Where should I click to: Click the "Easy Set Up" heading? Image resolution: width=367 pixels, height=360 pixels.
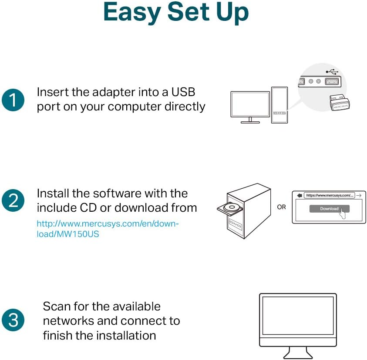coord(176,13)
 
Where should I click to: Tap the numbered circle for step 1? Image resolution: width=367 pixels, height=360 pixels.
coord(13,100)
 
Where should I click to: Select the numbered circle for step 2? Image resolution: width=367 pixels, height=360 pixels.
coord(13,201)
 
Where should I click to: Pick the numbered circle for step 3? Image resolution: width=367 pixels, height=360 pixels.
coord(13,320)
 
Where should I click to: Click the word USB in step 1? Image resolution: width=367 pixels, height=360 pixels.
coord(183,92)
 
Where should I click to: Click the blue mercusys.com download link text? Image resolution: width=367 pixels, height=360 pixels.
coord(108,229)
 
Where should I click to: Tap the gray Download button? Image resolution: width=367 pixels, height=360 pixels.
coord(329,209)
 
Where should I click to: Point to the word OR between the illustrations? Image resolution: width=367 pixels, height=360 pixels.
coord(282,207)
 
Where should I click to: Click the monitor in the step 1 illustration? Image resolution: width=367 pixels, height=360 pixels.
coord(250,106)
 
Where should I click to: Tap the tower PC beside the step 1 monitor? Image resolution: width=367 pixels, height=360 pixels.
coord(279,104)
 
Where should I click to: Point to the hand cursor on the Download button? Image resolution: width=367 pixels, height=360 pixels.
coord(343,213)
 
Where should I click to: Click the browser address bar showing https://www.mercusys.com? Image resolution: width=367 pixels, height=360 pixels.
coord(329,196)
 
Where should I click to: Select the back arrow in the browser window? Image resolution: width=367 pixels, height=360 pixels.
coord(299,196)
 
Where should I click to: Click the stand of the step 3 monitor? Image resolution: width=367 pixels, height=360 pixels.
coord(298,351)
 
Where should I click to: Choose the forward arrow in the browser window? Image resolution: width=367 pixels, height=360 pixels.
coord(359,196)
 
